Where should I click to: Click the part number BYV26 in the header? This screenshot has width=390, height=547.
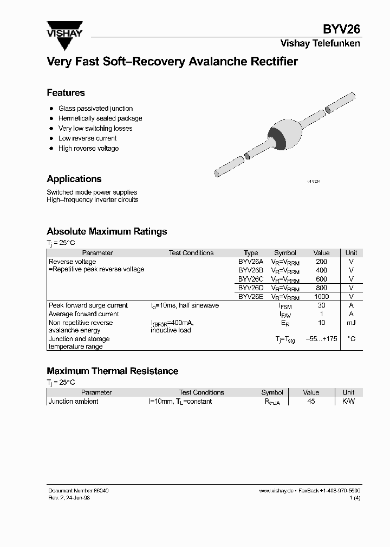342,30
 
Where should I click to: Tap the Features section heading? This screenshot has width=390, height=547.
66,92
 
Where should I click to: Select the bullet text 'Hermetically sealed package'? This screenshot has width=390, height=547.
100,118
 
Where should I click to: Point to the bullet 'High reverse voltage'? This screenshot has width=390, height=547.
88,149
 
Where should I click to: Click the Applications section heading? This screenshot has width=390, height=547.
74,179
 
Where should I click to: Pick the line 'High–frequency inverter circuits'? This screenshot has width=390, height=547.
92,200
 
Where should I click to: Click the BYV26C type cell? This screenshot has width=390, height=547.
251,279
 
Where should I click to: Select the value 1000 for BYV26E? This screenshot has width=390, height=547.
321,297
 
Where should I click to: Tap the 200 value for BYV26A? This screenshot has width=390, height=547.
321,262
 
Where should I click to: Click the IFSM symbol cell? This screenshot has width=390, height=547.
285,306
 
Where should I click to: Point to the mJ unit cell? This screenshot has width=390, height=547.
351,323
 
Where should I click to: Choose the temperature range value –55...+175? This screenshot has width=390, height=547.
321,339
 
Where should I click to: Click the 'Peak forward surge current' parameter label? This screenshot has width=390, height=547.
88,305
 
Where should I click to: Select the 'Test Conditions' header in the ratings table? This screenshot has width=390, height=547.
191,253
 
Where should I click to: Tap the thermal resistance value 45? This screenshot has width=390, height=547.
311,402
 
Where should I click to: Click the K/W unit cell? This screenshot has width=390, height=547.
348,402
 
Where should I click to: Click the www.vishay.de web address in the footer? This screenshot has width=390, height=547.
276,490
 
